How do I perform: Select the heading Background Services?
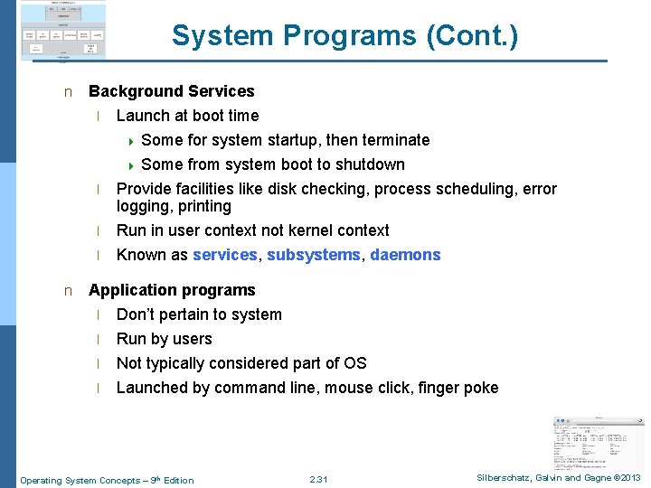pos(171,91)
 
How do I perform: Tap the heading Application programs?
pos(172,290)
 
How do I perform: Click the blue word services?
pos(224,255)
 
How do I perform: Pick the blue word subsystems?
pos(313,255)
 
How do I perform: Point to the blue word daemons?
pos(405,255)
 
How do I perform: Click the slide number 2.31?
pos(318,479)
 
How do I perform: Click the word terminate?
pos(395,140)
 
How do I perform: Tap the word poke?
pos(480,388)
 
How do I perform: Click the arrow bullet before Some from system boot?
pos(131,165)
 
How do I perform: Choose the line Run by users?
pos(164,339)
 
